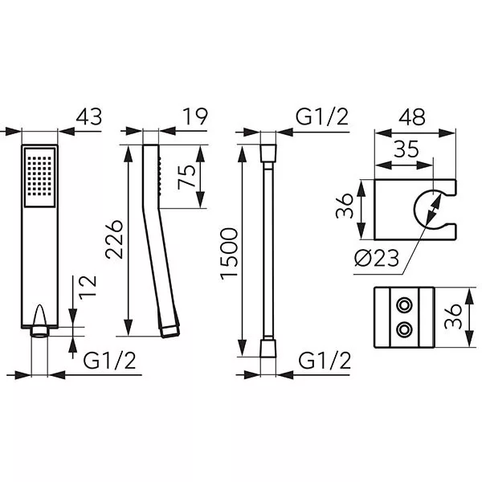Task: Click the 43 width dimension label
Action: point(89,116)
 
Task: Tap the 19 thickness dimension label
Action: point(195,116)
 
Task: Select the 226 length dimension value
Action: point(114,239)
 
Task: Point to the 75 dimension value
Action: point(186,177)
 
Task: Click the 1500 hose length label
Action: point(229,254)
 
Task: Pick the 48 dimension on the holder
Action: point(412,116)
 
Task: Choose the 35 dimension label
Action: point(406,149)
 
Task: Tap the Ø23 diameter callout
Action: point(377,258)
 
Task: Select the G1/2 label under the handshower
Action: point(109,361)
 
